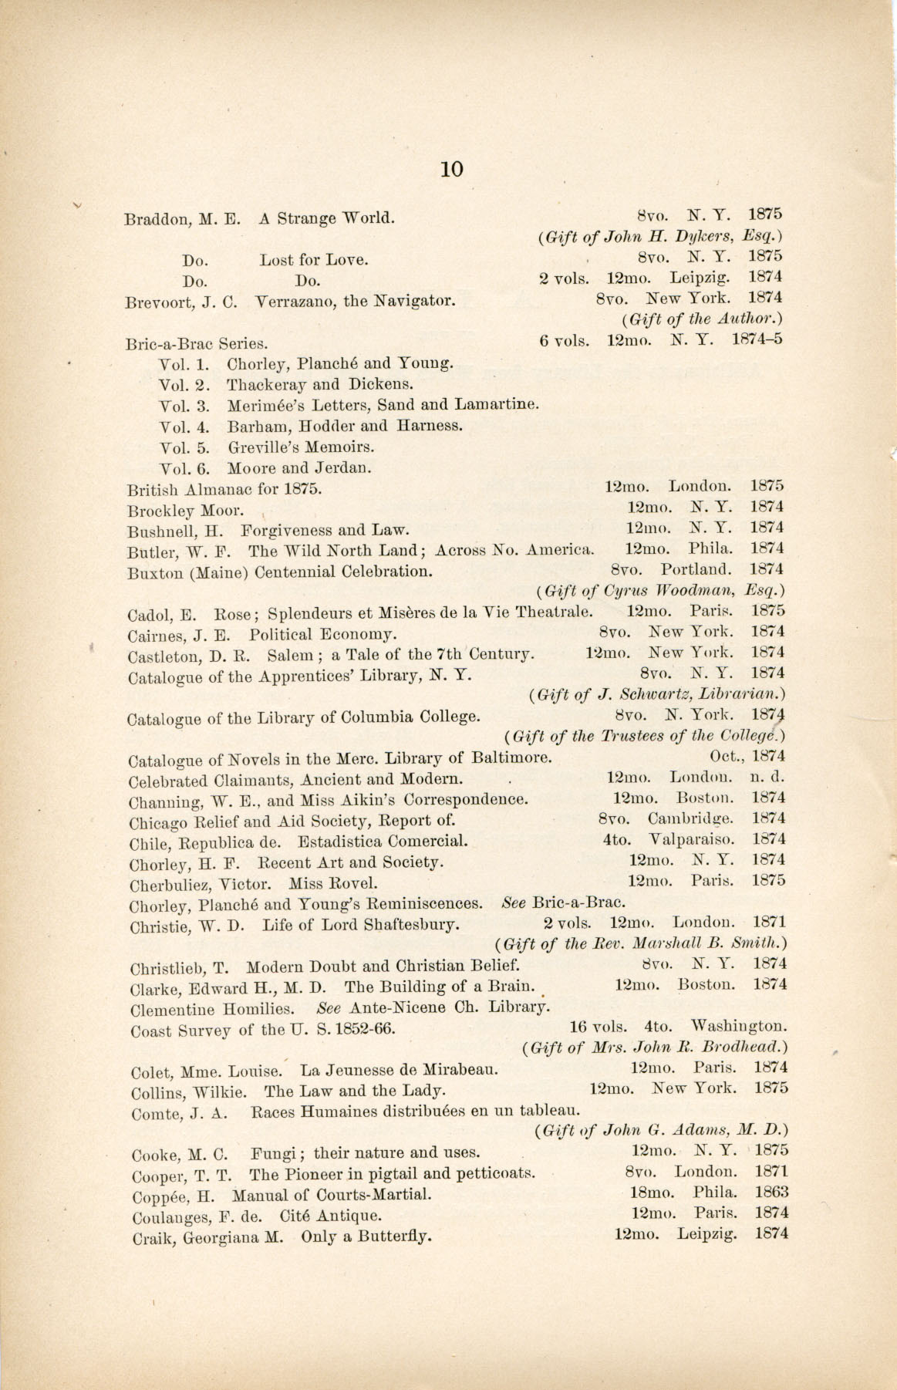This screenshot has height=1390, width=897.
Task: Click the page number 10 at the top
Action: tap(451, 169)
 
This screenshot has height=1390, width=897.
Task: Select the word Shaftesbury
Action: tap(410, 924)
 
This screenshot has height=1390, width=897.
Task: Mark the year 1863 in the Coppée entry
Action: tap(771, 1192)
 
